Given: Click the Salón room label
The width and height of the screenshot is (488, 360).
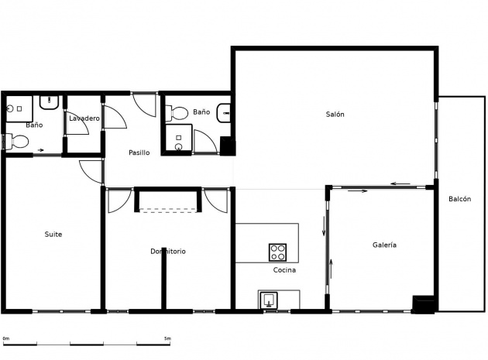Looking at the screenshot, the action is (335, 114).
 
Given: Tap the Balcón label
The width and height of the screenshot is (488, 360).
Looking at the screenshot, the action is (459, 199).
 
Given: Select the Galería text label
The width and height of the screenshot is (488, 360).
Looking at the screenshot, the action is (384, 245).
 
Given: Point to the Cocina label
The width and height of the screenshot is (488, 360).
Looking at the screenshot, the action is (284, 269).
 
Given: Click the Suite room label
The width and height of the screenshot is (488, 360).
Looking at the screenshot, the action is (53, 235).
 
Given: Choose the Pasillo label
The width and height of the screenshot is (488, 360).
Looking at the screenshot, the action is (139, 153).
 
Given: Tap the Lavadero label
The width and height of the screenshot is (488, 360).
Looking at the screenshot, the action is (84, 118).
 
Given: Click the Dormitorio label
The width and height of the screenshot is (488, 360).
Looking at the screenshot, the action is (168, 251).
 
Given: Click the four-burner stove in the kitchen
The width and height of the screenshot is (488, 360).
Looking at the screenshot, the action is (277, 252).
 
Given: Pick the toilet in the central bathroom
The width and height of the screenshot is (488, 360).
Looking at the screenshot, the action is (177, 113).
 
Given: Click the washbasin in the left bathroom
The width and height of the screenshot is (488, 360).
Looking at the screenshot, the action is (49, 102).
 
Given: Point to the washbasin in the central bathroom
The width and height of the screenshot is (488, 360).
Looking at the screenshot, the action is (224, 113).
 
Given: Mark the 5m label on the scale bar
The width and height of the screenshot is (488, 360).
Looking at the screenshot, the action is (167, 338).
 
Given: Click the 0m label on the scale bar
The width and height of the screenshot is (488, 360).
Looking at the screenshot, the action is (6, 338).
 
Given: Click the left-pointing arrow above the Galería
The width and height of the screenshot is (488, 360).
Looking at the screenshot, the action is (400, 183).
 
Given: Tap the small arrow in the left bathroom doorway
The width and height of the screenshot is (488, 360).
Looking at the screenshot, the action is (41, 150).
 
